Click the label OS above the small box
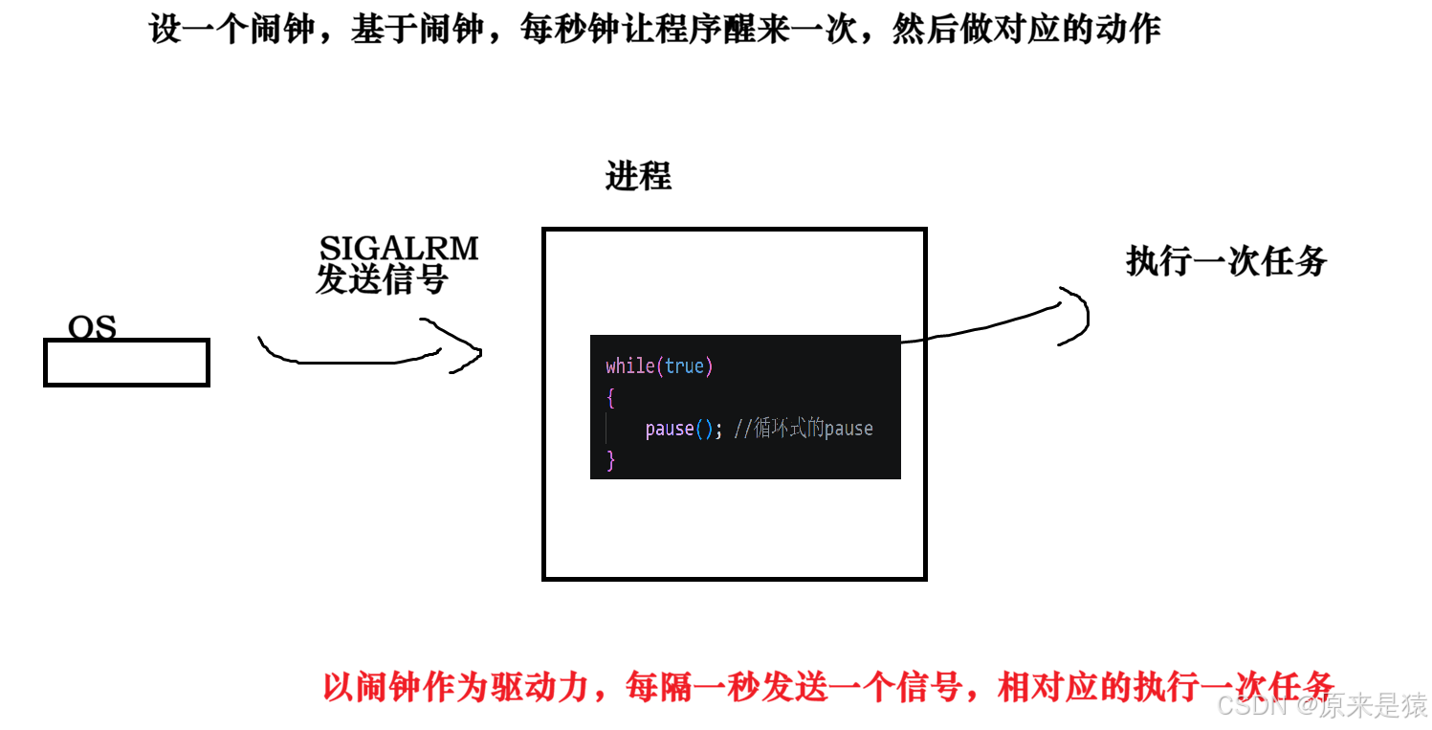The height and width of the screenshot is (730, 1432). pos(92,328)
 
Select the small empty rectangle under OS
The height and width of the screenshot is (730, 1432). pos(126,364)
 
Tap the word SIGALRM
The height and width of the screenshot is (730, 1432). pos(399,249)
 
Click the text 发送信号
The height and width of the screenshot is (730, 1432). pos(382,280)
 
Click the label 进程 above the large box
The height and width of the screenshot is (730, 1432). pos(638,177)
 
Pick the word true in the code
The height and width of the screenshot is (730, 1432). pos(685,366)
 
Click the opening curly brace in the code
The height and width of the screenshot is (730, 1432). pos(610,398)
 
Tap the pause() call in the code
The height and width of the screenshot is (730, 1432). pos(678,429)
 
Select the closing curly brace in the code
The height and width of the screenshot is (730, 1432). pos(610,460)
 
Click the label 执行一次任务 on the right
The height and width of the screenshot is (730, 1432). pos(1226,260)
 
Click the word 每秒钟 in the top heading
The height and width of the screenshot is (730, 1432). pos(570,31)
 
